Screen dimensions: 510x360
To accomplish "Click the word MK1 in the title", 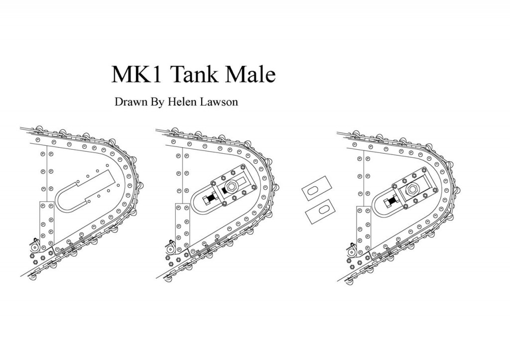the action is (x=136, y=74).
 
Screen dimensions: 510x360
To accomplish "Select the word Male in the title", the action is (x=251, y=74).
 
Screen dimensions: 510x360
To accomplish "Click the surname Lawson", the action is (x=219, y=102).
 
